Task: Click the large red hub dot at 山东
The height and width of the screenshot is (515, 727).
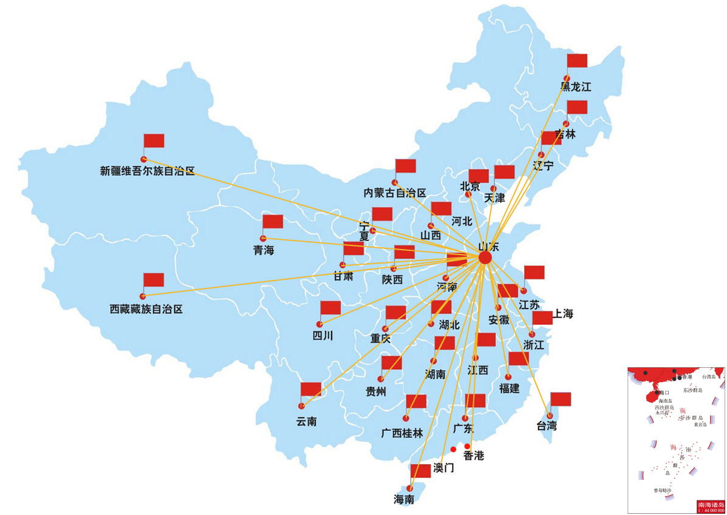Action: click(485, 257)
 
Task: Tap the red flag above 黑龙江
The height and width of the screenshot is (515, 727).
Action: click(577, 61)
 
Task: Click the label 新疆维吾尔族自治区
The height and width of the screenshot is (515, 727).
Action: click(147, 171)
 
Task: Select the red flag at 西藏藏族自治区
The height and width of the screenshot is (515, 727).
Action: click(153, 280)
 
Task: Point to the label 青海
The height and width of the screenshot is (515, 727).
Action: click(264, 250)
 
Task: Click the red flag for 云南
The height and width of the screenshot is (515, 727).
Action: click(311, 389)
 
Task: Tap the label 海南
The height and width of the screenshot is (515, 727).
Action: click(404, 500)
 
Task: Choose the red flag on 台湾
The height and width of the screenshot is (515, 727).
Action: click(560, 399)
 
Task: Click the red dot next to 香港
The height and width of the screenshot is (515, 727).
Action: click(467, 447)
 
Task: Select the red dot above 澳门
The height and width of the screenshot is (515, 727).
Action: click(453, 449)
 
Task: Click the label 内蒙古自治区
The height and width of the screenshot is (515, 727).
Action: click(395, 193)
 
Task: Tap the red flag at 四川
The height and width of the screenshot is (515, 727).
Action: click(331, 308)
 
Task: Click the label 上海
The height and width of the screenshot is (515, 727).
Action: click(562, 314)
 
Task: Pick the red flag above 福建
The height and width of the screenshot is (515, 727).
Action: click(519, 358)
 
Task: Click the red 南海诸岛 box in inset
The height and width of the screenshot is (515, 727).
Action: click(710, 507)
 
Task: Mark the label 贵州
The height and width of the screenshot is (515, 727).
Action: click(376, 391)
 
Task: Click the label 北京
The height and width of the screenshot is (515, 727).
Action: click(470, 186)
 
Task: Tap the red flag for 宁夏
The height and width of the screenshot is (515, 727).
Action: click(382, 214)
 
